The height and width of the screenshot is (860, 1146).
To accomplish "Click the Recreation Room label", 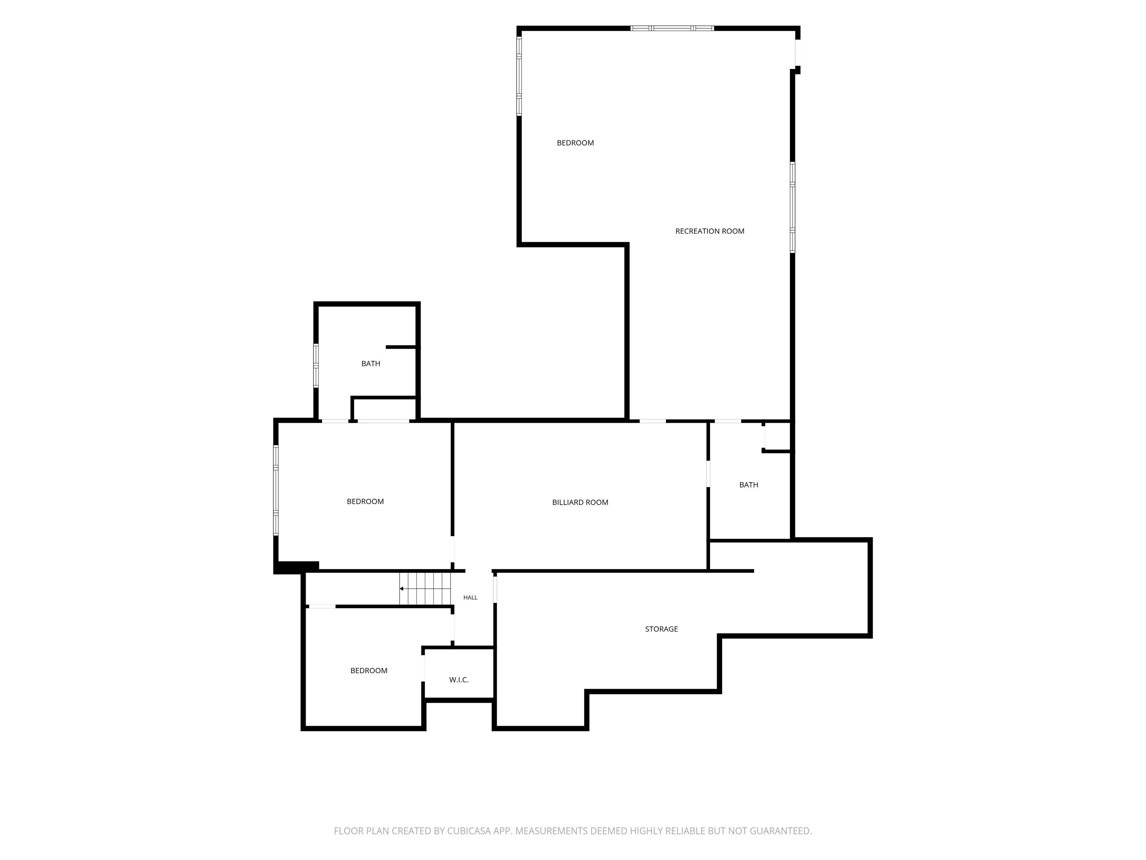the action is pos(710,231).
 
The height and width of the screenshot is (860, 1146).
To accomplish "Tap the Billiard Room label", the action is pos(580,502).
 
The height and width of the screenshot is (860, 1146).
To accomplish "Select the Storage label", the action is pos(661,629).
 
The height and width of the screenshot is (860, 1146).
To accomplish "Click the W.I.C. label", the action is pos(459,680).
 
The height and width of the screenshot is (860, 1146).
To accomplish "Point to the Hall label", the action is pos(470,598).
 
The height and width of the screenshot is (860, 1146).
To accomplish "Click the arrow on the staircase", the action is pos(425,589).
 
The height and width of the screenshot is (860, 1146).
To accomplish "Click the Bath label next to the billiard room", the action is pos(749,485).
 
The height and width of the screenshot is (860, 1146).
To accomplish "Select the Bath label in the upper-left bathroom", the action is pos(371,364).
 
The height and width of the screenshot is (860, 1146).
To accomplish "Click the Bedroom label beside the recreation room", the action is pos(576,143).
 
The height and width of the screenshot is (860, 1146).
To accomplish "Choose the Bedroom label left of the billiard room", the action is pos(365,501).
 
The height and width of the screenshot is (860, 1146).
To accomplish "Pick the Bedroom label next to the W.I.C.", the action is pos(369,670).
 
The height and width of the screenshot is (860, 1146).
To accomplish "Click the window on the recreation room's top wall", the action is pos(672,28).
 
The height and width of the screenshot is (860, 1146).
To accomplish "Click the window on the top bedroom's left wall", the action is pos(519,76).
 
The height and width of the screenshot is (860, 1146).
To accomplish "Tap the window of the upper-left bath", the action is pos(316,365).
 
